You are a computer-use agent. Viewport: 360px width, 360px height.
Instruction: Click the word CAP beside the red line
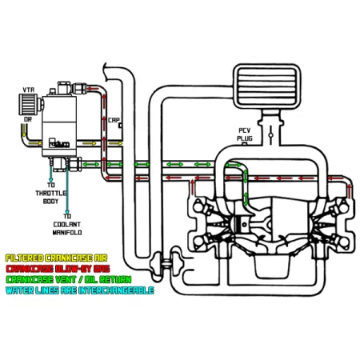click(x=114, y=121)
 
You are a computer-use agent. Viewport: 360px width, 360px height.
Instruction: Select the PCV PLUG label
click(x=246, y=134)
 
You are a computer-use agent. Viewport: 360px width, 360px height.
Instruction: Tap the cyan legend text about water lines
click(x=78, y=290)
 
